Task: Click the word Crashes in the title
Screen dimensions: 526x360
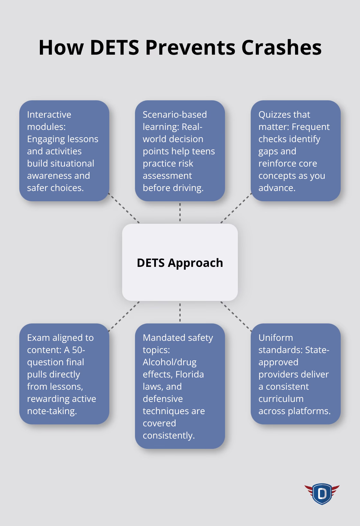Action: pos(281,47)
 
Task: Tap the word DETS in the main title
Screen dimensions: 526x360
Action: pos(114,47)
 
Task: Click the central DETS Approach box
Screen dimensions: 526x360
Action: pos(180,262)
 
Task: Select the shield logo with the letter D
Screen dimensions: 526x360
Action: pos(322,494)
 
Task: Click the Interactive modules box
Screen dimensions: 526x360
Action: pos(64,151)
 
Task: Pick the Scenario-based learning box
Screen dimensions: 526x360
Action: pos(180,151)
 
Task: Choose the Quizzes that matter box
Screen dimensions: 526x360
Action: pos(295,151)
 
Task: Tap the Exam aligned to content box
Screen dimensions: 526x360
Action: pos(64,374)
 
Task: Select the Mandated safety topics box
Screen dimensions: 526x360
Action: pos(180,386)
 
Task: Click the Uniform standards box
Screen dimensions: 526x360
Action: pos(295,374)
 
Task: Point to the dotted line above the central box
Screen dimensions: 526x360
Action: pos(180,212)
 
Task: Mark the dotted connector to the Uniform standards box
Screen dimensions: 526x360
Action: pos(236,316)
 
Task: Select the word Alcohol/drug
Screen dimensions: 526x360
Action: pos(169,362)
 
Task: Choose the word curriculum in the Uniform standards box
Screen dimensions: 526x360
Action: pos(281,399)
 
